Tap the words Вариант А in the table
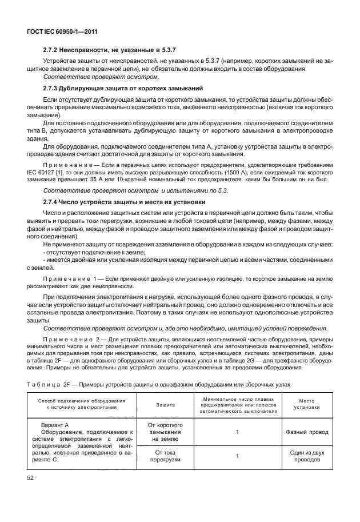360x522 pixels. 55,425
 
